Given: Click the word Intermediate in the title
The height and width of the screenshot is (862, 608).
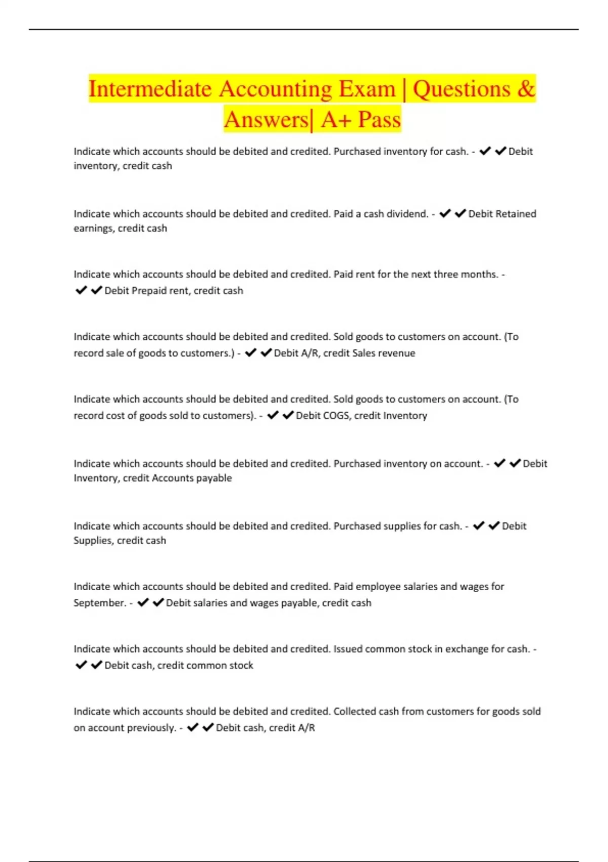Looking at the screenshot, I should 150,89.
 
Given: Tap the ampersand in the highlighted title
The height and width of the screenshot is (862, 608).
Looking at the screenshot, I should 526,89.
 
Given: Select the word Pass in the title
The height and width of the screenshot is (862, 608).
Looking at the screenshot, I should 379,120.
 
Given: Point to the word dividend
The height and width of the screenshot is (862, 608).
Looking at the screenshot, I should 407,214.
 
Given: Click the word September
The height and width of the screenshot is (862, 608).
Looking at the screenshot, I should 99,603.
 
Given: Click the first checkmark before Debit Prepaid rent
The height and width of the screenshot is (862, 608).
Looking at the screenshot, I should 81,291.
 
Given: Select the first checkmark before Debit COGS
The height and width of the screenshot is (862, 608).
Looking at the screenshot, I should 273,415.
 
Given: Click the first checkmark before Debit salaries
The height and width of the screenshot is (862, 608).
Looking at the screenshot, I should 143,602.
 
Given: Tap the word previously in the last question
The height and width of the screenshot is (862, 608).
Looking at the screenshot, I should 150,728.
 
